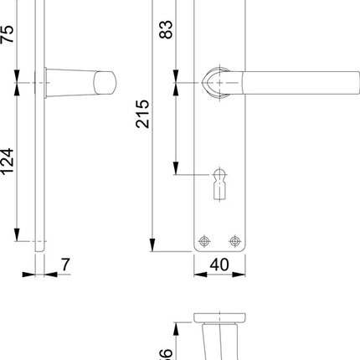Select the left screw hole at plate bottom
click(203, 241)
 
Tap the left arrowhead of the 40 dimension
click(198, 275)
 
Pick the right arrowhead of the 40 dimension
click(245, 275)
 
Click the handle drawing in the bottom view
click(221, 339)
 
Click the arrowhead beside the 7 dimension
click(48, 275)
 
